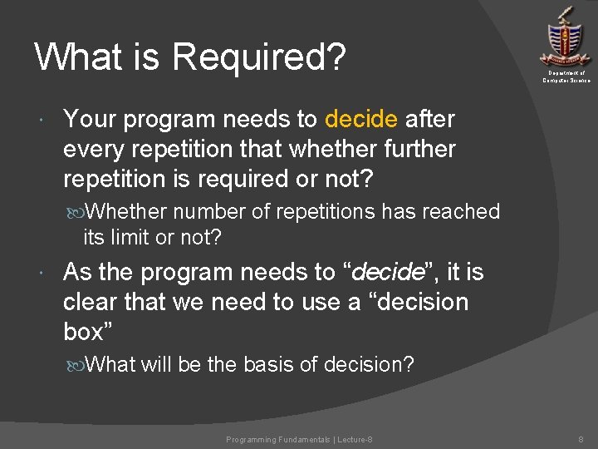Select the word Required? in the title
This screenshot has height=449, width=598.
pyautogui.click(x=260, y=58)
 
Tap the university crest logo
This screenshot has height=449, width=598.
pyautogui.click(x=565, y=37)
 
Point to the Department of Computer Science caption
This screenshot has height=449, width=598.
pyautogui.click(x=566, y=76)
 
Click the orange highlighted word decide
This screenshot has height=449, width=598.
pyautogui.click(x=361, y=120)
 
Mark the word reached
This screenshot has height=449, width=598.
pyautogui.click(x=460, y=212)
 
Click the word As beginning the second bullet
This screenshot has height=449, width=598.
pyautogui.click(x=77, y=273)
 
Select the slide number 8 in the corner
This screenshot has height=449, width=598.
pyautogui.click(x=581, y=439)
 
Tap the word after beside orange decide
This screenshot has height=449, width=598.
pyautogui.click(x=429, y=120)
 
